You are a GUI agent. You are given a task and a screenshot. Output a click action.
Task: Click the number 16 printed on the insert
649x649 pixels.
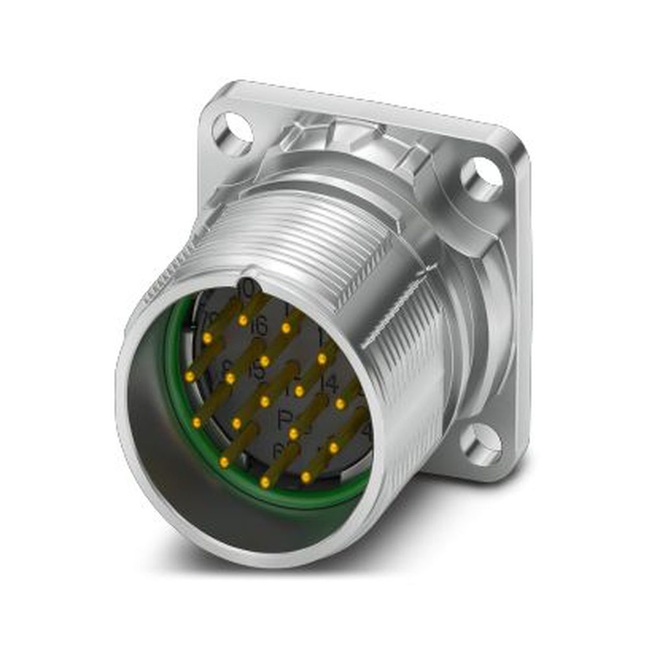258,327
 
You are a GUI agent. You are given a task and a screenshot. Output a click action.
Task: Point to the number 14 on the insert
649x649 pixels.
330,385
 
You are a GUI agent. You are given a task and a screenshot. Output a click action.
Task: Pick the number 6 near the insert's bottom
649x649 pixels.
277,449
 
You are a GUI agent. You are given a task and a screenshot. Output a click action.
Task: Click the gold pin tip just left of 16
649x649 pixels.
243,320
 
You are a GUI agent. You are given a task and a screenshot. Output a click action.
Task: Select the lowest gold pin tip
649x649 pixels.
265,482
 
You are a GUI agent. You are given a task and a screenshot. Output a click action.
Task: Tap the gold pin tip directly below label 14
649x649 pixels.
340,404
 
